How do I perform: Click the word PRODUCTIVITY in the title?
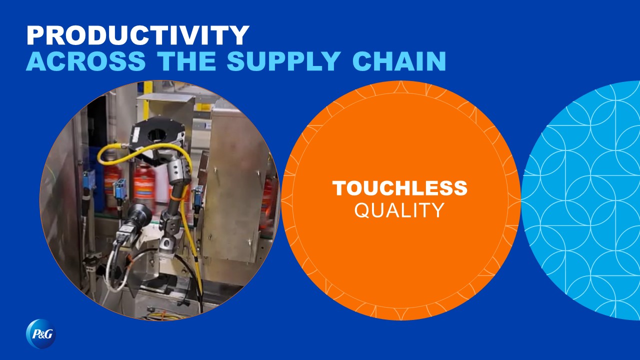[x=138, y=35]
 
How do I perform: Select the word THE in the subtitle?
[x=186, y=61]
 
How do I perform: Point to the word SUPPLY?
[x=283, y=61]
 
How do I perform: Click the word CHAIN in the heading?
[x=399, y=61]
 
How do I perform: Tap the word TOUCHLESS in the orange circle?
[x=399, y=188]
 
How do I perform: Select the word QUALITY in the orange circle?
[x=399, y=210]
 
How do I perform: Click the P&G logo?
[x=41, y=333]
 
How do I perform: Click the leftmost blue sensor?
[x=88, y=177]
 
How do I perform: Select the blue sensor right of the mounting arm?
[x=197, y=196]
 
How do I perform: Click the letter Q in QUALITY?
[x=361, y=211]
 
